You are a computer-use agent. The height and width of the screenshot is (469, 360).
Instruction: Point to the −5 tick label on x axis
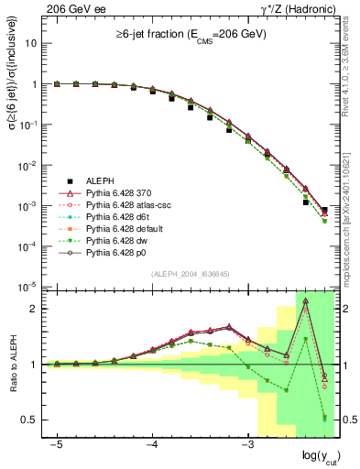pos(56,443)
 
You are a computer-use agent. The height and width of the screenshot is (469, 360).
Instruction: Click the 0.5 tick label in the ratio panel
pos(30,420)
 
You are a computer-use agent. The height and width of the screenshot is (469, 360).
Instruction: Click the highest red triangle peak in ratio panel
pos(305,301)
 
